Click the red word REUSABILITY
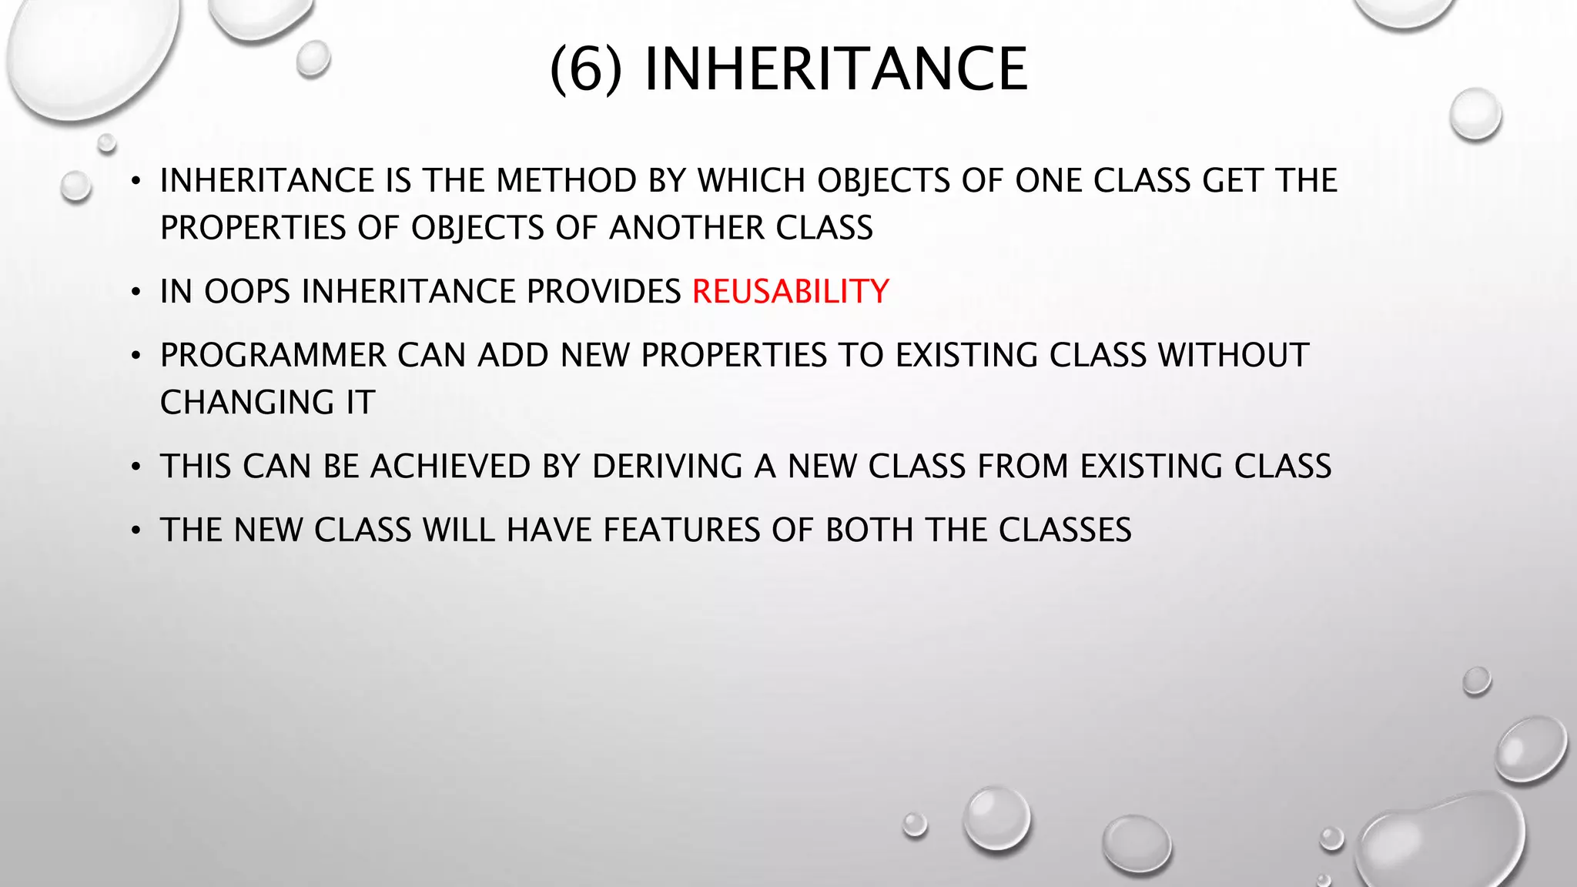point(790,292)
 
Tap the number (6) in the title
point(586,69)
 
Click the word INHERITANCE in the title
point(835,69)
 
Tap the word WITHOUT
point(1234,356)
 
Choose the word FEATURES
point(681,531)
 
